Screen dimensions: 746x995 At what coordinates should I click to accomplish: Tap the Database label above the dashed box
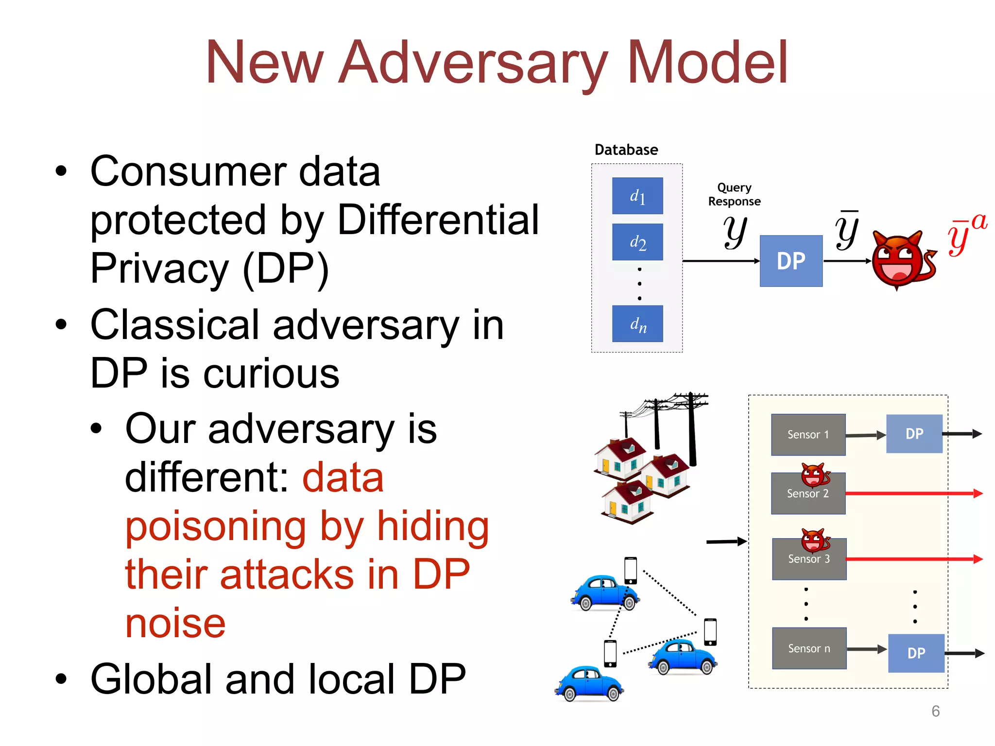click(x=626, y=150)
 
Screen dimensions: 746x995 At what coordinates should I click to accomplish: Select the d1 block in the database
click(x=637, y=196)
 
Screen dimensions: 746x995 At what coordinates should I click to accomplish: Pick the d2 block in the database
click(x=637, y=242)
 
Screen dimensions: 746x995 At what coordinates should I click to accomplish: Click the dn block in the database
click(x=637, y=323)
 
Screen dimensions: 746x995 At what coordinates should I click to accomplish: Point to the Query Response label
click(x=734, y=194)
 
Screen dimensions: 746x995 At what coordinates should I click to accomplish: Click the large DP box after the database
click(x=791, y=261)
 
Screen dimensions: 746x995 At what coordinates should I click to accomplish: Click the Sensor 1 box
click(x=808, y=435)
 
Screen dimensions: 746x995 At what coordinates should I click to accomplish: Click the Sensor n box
click(x=809, y=648)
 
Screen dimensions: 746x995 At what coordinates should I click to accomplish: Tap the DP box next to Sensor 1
click(x=914, y=434)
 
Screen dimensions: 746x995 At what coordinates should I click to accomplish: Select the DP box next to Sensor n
click(x=916, y=653)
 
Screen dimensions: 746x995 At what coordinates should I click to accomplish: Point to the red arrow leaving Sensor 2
click(x=913, y=493)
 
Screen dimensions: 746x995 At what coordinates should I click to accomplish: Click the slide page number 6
click(x=935, y=711)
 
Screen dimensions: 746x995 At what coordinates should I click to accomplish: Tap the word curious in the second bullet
click(x=271, y=374)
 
